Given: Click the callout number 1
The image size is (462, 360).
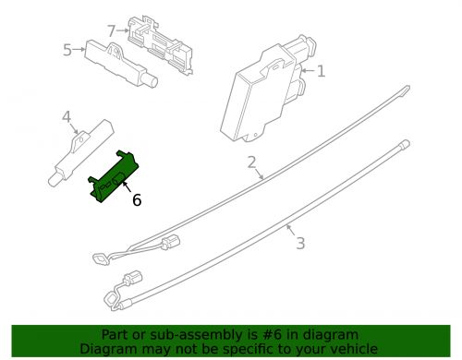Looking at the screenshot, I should tap(321, 71).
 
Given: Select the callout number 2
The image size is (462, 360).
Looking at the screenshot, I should tap(251, 163).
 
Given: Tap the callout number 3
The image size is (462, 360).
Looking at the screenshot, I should tap(299, 244).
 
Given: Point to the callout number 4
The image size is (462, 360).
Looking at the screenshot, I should tap(67, 117).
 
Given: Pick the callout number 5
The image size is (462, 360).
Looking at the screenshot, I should tap(67, 50).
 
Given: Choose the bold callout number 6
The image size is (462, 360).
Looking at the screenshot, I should tap(137, 198).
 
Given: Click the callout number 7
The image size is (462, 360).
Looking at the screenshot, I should tap(112, 30).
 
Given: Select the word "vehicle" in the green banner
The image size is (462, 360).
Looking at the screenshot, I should tap(351, 350).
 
